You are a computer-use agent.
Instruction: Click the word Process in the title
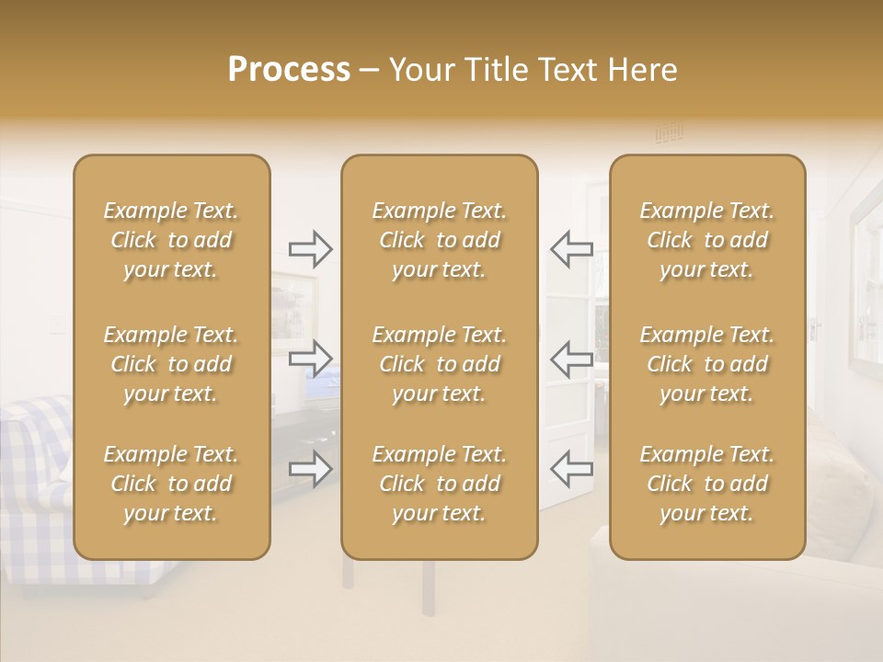[289, 70]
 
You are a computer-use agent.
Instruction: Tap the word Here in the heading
[641, 70]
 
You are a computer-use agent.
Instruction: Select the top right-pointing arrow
[310, 248]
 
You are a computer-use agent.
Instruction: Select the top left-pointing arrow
[571, 248]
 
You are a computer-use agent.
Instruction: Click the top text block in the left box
[171, 240]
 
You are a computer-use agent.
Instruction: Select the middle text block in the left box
[171, 364]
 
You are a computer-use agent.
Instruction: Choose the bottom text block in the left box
[171, 484]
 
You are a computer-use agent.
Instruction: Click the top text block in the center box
[440, 240]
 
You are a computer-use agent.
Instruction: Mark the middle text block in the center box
[440, 364]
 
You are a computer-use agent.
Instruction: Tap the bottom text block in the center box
[440, 484]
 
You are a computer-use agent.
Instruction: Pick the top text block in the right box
[707, 240]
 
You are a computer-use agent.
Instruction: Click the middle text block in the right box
[707, 364]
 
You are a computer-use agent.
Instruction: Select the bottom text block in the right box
[707, 484]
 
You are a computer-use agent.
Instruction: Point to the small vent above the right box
[669, 134]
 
